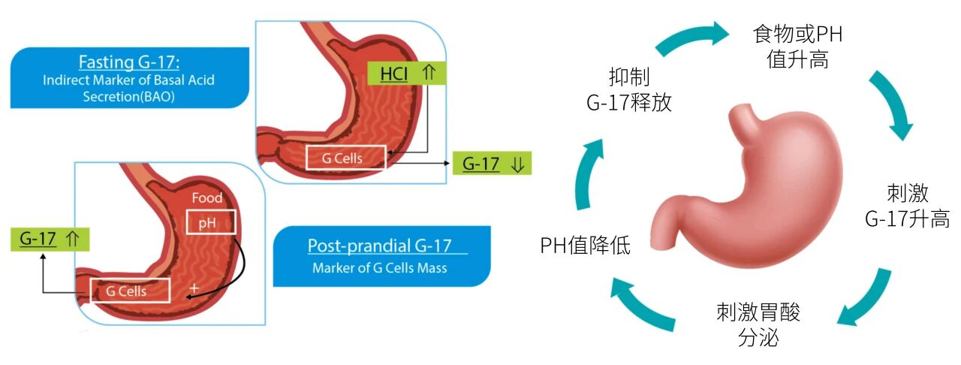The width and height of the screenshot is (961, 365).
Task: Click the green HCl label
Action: pos(405,73)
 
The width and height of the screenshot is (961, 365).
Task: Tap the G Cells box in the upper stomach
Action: pos(346,158)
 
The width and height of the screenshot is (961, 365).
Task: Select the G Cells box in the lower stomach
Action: pos(131,291)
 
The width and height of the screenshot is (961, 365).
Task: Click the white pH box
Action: pos(211,222)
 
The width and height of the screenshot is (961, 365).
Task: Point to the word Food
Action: pos(207,198)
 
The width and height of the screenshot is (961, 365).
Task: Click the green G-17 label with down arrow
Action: pos(491,164)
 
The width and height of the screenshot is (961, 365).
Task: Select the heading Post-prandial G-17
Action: pos(381,246)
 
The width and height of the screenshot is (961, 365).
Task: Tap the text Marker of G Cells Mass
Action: pos(382,267)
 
